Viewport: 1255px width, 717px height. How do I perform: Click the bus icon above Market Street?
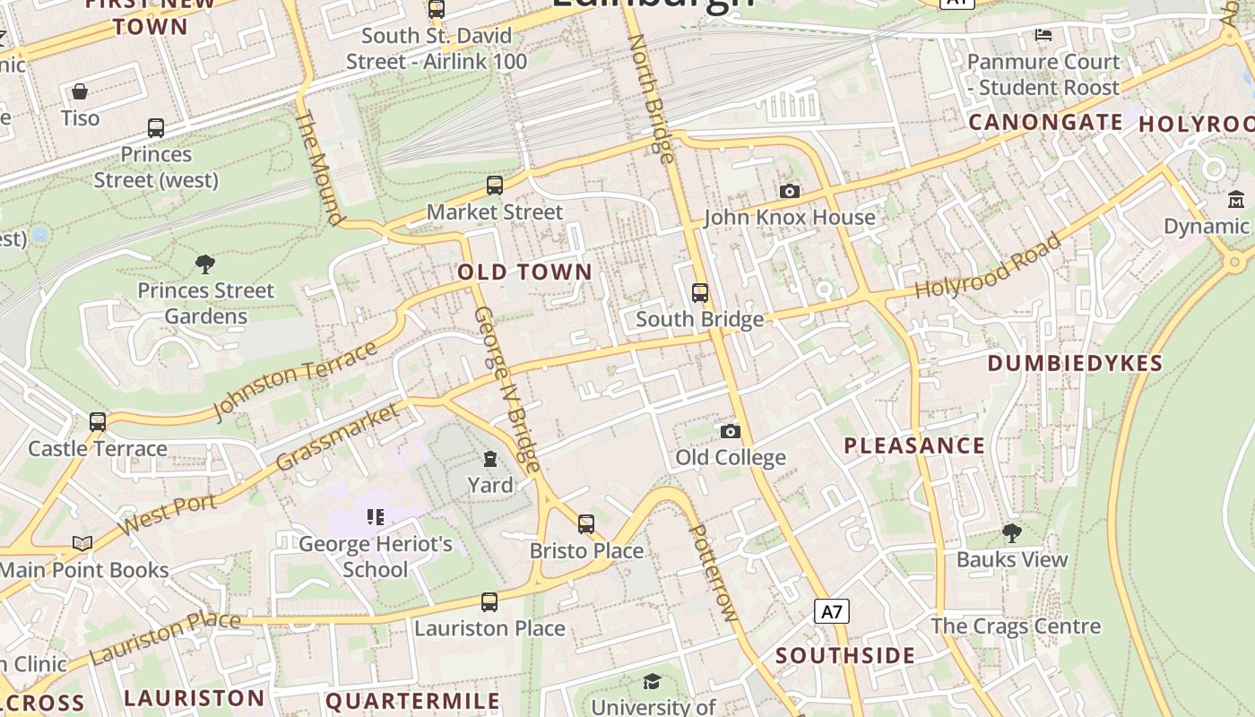pyautogui.click(x=494, y=186)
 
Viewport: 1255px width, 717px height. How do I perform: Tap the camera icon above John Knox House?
pyautogui.click(x=789, y=191)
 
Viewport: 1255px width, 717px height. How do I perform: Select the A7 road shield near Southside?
pyautogui.click(x=831, y=612)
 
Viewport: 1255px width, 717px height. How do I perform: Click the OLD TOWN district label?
pyautogui.click(x=524, y=272)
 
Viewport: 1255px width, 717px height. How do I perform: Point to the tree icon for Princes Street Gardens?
pyautogui.click(x=205, y=263)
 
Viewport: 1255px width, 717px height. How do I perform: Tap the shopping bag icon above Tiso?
pyautogui.click(x=80, y=91)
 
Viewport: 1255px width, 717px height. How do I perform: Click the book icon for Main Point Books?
pyautogui.click(x=82, y=543)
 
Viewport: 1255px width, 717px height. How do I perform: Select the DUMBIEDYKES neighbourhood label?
pyautogui.click(x=1074, y=363)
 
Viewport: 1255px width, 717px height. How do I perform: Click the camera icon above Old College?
pyautogui.click(x=731, y=431)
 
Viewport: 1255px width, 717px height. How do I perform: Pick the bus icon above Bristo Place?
pyautogui.click(x=585, y=523)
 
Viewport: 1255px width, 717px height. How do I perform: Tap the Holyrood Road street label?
pyautogui.click(x=988, y=266)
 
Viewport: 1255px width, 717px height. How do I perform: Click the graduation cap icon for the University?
pyautogui.click(x=652, y=682)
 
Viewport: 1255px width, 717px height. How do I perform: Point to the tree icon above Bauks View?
pyautogui.click(x=1011, y=533)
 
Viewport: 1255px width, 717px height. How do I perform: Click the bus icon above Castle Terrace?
pyautogui.click(x=98, y=421)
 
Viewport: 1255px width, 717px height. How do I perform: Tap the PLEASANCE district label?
pyautogui.click(x=913, y=445)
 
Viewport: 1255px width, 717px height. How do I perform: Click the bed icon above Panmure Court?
pyautogui.click(x=1043, y=35)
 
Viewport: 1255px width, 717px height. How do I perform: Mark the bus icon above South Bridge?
pyautogui.click(x=699, y=293)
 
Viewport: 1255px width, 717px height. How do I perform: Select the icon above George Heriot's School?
pyautogui.click(x=376, y=516)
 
